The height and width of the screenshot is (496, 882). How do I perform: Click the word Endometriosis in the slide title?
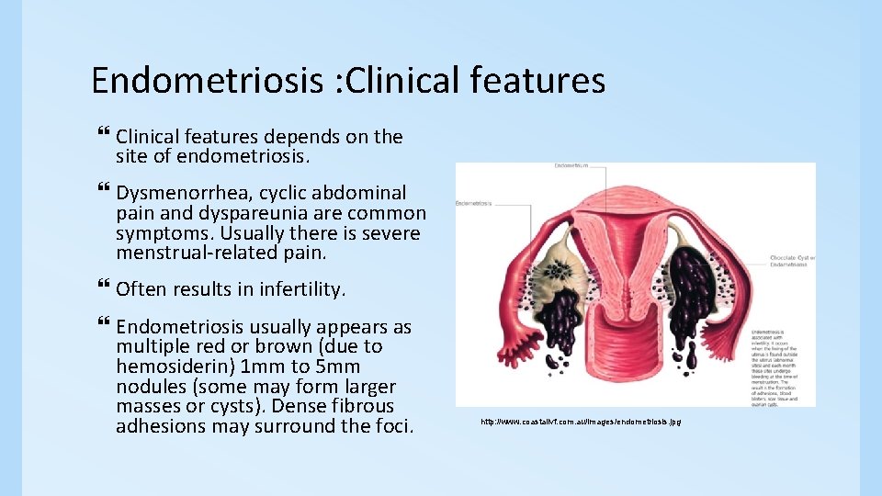coord(208,81)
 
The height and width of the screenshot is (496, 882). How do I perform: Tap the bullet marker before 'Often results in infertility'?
coord(102,288)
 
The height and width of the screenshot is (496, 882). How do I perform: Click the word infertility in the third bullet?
coord(303,289)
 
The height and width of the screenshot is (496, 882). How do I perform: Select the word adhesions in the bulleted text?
coord(157,426)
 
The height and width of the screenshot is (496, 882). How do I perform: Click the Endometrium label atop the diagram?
coord(572,166)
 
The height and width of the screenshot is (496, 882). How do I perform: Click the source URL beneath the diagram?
coord(581,421)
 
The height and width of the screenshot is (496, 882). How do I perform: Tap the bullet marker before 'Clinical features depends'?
coord(102,136)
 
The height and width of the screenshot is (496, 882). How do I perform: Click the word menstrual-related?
coord(198,253)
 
